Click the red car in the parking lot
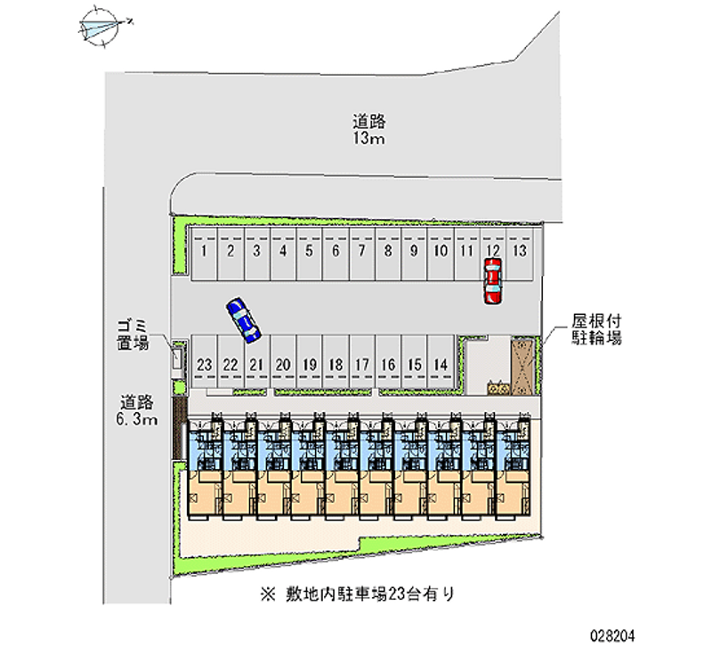pyautogui.click(x=492, y=281)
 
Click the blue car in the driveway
pyautogui.click(x=243, y=319)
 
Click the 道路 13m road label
pyautogui.click(x=368, y=130)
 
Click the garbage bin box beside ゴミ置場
pyautogui.click(x=176, y=359)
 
